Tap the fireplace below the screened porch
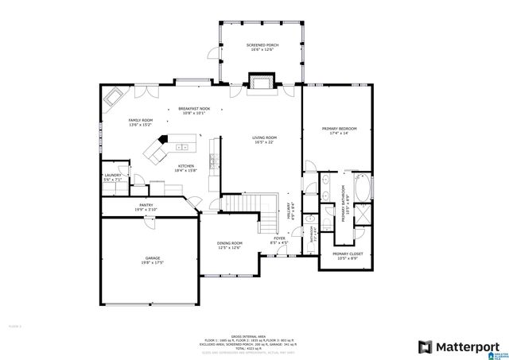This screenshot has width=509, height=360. coord(262,82)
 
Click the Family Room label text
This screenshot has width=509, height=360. coord(140,122)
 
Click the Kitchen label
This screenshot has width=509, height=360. coord(185,167)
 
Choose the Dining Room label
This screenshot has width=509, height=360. coord(230,244)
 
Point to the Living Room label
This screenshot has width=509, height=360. coord(264,140)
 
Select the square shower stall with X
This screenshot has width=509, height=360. coord(362,213)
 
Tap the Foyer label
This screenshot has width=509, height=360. coord(279,238)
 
